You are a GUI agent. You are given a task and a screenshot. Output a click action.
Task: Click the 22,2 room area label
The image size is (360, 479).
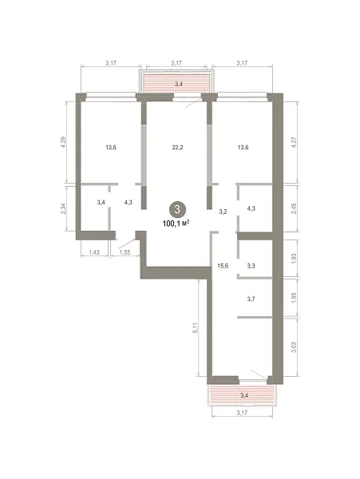pos(177,148)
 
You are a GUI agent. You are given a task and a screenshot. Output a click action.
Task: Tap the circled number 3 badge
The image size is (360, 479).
pos(176,209)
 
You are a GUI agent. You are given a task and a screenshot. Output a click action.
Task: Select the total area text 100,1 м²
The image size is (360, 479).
pos(176,224)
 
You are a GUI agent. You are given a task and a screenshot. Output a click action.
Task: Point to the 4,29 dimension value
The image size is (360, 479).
pos(64,143)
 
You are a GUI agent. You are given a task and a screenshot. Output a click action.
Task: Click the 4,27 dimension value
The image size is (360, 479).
pos(294,143)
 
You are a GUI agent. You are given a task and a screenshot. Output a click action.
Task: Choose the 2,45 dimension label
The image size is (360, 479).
pos(294,208)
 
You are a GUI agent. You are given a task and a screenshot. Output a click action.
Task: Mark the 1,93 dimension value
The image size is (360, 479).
pos(294,259)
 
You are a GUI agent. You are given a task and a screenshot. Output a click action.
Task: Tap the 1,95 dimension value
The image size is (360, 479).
pos(294,298)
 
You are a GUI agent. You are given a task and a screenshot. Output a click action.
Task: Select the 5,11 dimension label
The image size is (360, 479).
pos(196,328)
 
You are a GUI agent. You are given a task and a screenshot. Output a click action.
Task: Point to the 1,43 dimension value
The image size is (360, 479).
pos(94,252)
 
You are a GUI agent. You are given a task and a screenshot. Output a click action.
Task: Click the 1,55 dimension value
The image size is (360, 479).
pos(125,252)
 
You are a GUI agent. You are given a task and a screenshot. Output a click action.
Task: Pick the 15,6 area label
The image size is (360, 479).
pos(223,266)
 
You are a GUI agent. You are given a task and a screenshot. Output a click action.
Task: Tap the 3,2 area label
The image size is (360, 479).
pos(224,212)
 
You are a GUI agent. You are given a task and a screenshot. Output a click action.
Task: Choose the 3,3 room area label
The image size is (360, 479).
pos(251,266)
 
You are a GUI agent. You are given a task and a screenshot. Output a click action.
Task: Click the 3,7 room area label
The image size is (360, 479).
pos(251,299)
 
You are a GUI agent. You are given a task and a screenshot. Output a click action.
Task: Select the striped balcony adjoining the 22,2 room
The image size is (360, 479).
pos(176,82)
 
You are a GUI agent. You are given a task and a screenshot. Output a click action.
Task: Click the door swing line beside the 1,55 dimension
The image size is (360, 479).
pos(127,243)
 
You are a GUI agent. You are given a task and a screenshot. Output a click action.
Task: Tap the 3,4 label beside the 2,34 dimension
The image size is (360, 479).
pos(101,202)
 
